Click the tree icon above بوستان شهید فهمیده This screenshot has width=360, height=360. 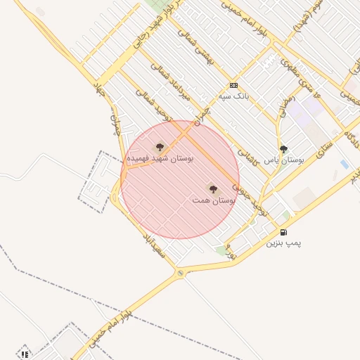tap(160, 148)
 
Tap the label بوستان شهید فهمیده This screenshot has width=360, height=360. tap(160, 159)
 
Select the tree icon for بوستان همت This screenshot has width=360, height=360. tap(213, 189)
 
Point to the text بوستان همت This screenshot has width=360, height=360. tap(213, 200)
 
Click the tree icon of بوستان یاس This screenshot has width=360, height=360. tap(283, 149)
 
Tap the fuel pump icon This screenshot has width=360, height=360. tap(283, 232)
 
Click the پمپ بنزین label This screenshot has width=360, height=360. tap(283, 243)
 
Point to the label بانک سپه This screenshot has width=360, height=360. tap(233, 96)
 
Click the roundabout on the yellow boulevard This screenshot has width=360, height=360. tap(181, 273)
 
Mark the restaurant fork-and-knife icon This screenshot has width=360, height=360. tap(25, 354)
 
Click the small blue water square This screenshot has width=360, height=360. tap(344, 164)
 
